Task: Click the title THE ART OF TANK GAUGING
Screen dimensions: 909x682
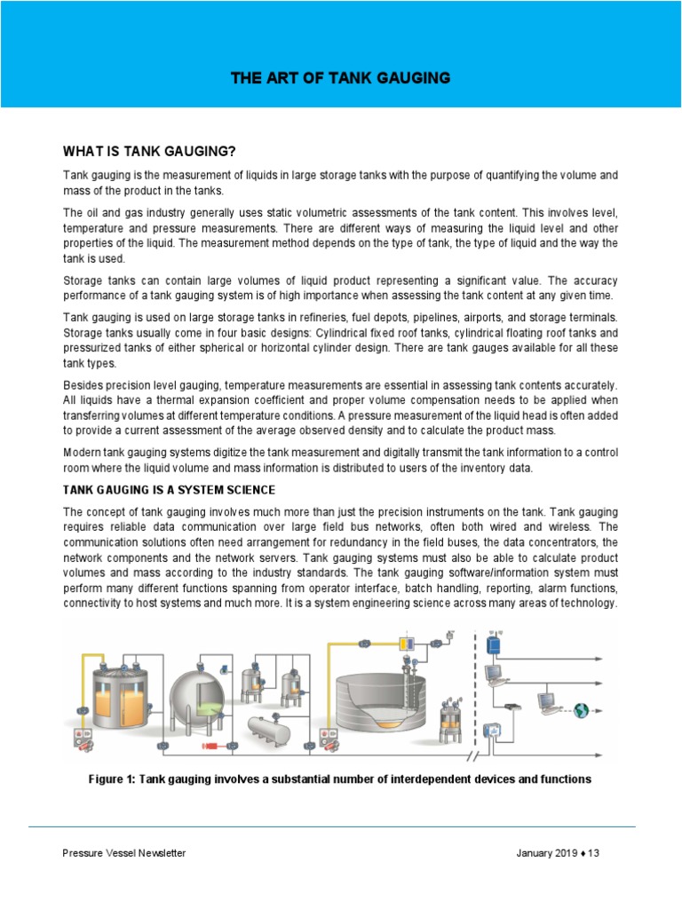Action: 340,79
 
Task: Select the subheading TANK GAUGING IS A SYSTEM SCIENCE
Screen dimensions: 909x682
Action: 169,490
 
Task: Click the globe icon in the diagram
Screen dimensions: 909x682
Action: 582,709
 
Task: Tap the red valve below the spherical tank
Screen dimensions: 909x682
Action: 213,747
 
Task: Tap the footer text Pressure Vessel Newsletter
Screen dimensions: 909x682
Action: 123,853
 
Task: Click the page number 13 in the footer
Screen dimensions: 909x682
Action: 594,853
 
